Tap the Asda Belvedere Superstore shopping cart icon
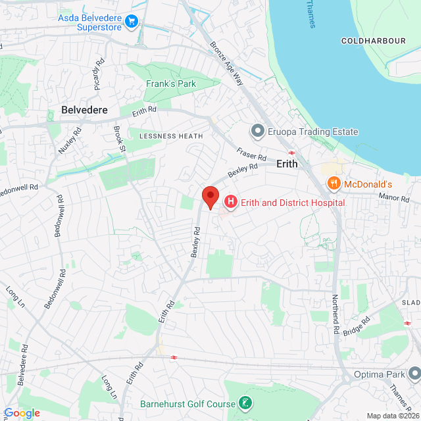(132, 22)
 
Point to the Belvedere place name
(84, 110)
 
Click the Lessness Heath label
(170, 136)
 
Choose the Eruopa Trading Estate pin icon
(257, 132)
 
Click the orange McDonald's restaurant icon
(334, 184)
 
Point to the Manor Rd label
(395, 197)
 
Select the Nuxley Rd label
(69, 141)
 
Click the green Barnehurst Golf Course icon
(245, 403)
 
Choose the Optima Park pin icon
(414, 372)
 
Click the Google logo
(21, 412)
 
